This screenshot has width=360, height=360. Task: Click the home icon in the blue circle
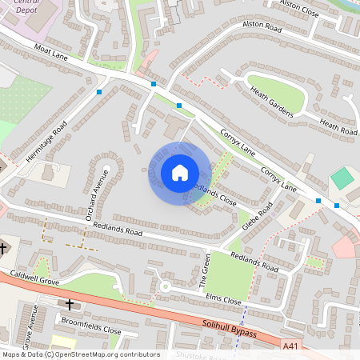click(x=179, y=172)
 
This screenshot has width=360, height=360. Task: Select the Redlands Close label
click(x=217, y=193)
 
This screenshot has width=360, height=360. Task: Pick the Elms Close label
click(x=223, y=300)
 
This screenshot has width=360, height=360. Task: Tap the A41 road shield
click(x=293, y=346)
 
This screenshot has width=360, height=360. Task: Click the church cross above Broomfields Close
click(x=70, y=304)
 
